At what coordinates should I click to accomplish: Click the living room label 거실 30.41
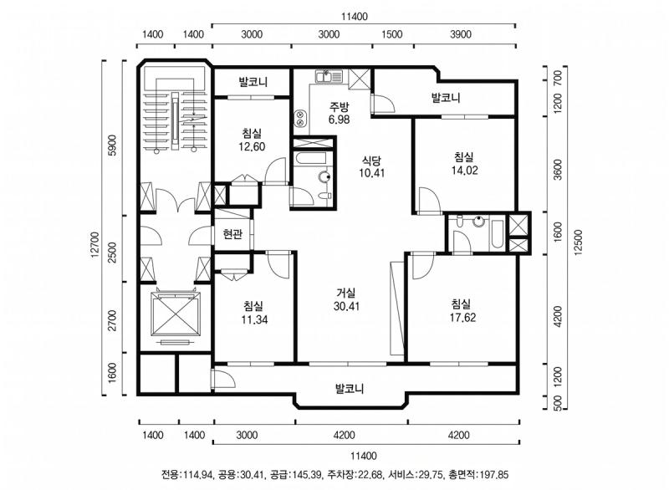pyautogui.click(x=345, y=299)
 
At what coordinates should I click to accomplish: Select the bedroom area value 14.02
pyautogui.click(x=463, y=171)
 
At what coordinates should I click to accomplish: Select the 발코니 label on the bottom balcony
pyautogui.click(x=350, y=389)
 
